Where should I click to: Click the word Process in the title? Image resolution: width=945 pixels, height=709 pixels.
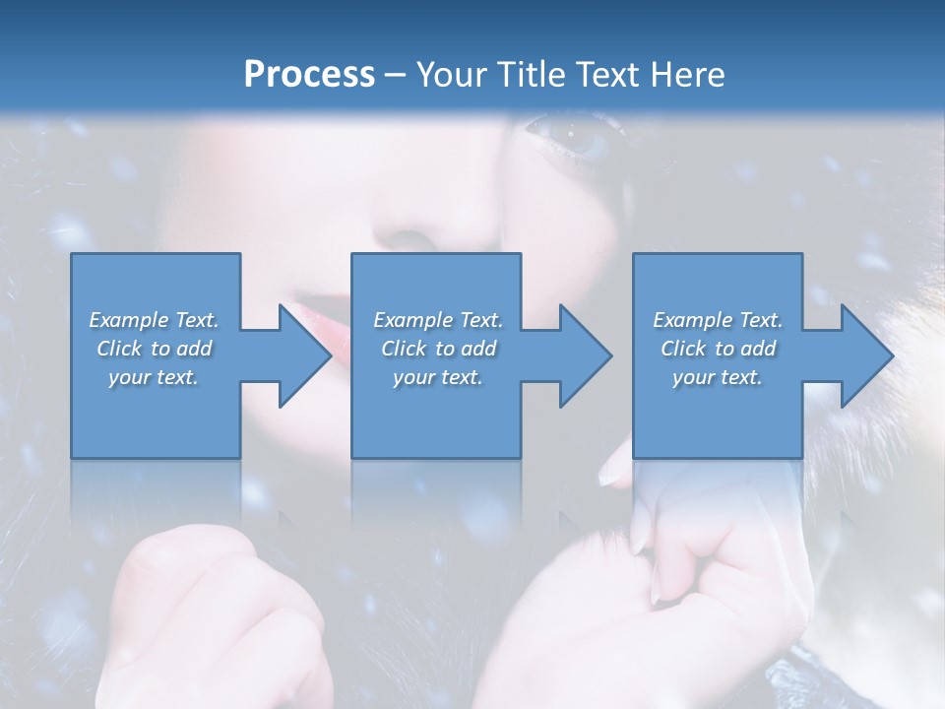tap(309, 75)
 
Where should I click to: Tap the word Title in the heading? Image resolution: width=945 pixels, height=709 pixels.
tap(529, 75)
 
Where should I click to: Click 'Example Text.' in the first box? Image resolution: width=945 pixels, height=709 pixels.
tap(154, 320)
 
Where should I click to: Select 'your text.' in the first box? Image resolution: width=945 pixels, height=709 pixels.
tap(154, 377)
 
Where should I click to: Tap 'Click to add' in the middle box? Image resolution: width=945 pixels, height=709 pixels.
tap(438, 349)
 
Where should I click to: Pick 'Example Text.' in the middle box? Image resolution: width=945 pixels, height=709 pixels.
tap(438, 320)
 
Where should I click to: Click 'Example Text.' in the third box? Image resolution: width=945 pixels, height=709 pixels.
tap(718, 320)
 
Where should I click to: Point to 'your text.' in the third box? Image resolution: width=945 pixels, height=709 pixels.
tap(718, 377)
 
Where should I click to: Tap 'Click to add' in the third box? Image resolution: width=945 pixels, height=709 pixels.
tap(718, 349)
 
